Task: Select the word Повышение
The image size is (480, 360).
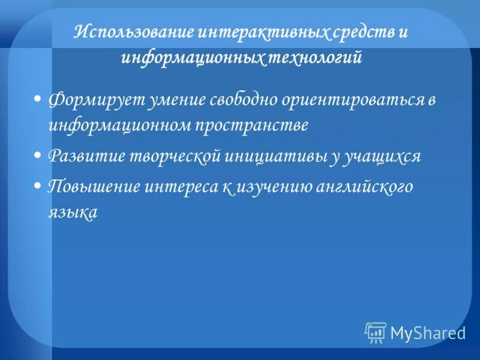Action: click(x=94, y=186)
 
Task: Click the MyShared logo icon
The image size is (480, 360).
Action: click(x=376, y=332)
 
